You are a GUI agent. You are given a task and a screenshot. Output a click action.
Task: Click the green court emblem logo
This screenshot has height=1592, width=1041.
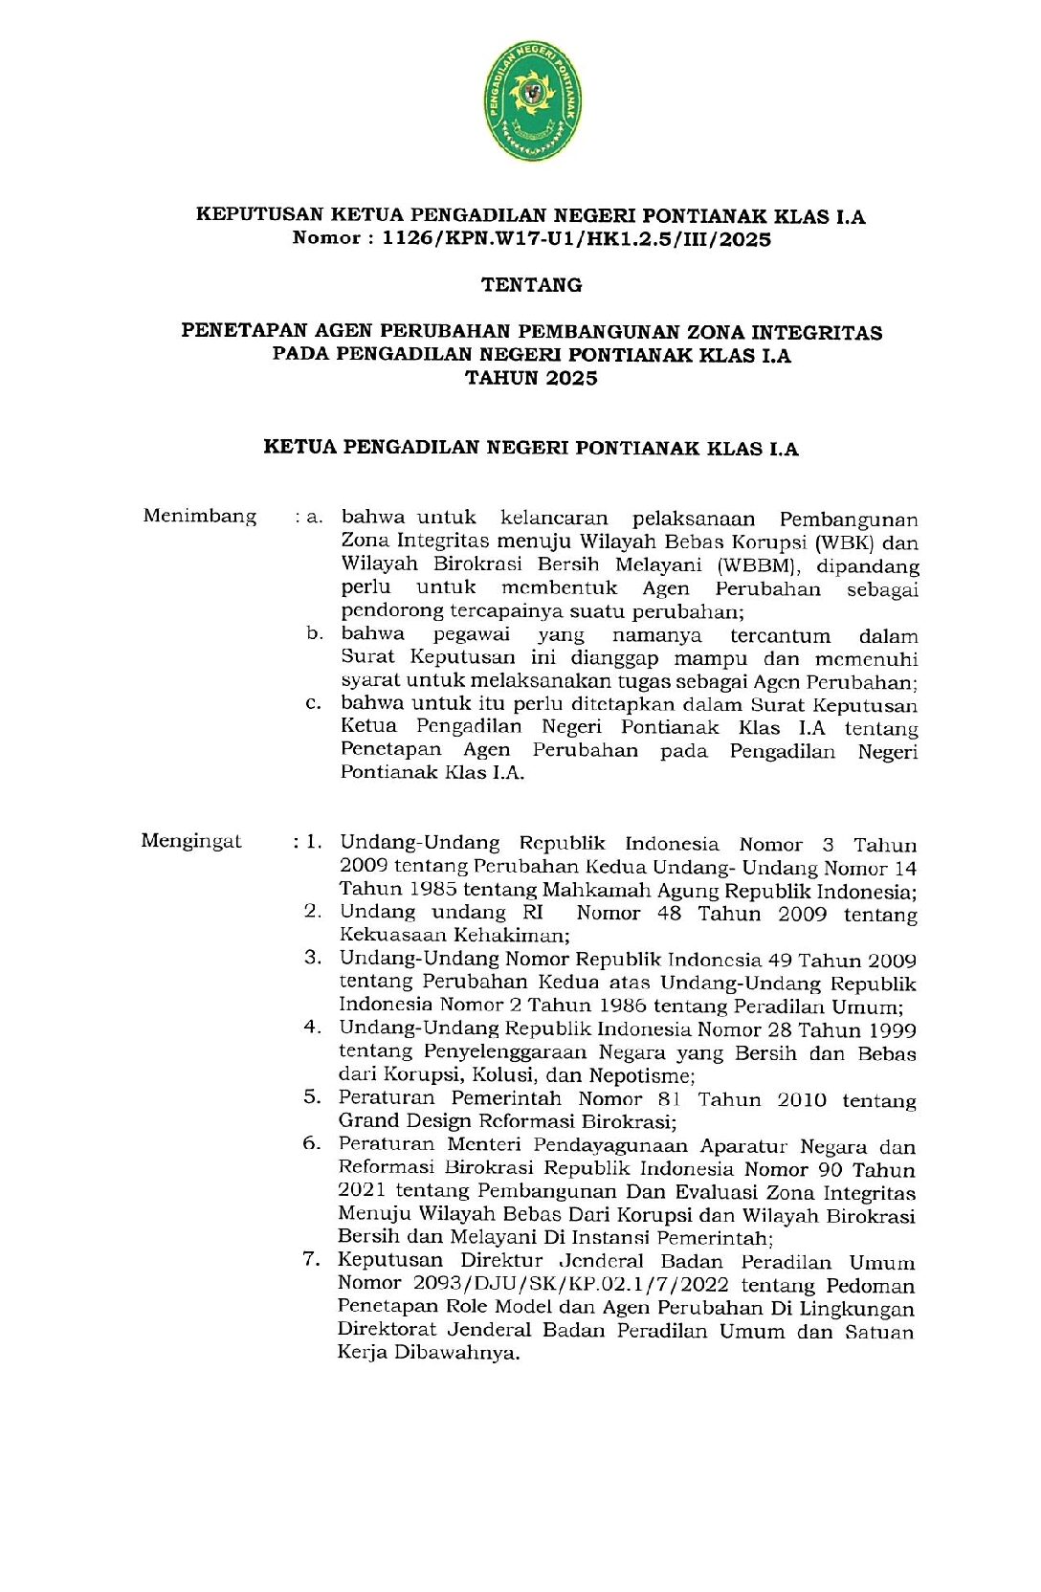point(532,100)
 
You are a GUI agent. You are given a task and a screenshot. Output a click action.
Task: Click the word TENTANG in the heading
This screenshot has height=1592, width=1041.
point(531,285)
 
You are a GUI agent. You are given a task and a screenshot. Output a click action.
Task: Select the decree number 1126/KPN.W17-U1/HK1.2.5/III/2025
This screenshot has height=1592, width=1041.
point(576,239)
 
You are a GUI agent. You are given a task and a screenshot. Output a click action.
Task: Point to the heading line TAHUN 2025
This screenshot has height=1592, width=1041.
point(531,378)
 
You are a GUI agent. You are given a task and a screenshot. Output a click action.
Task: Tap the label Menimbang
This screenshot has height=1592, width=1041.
point(200,517)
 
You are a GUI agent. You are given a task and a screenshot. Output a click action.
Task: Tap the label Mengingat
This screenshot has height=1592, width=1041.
point(191,842)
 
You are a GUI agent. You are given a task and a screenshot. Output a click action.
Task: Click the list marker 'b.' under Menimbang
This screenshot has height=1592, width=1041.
point(315,634)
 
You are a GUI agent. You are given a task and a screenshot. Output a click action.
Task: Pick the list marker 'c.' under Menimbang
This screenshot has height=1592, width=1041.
point(314,704)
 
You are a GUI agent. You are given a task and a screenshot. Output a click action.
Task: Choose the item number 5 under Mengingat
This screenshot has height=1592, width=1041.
point(312,1097)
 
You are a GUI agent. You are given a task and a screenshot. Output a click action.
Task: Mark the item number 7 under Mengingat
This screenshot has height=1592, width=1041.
point(311,1259)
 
